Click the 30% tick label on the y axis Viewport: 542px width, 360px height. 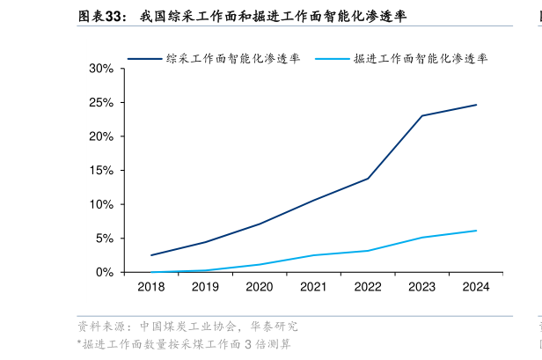(101, 69)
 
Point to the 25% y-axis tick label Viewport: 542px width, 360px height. (101, 103)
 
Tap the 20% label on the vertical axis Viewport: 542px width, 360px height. (101, 136)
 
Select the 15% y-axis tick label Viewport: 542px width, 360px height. (101, 171)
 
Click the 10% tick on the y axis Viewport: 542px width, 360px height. (101, 204)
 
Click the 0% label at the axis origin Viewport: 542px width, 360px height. (105, 272)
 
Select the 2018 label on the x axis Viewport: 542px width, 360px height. (151, 286)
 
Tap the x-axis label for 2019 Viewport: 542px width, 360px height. (205, 286)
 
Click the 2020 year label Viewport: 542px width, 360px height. (260, 286)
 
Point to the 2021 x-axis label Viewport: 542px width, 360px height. (313, 286)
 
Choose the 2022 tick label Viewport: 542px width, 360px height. (368, 286)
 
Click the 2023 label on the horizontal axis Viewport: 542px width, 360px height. (422, 286)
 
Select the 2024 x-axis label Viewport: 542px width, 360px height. (476, 286)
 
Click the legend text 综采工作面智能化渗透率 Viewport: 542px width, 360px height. (233, 58)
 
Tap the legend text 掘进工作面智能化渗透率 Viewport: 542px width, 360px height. (421, 58)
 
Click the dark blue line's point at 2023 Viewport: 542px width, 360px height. (422, 115)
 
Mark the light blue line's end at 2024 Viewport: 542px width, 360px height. (476, 231)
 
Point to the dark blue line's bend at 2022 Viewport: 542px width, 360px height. (368, 179)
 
